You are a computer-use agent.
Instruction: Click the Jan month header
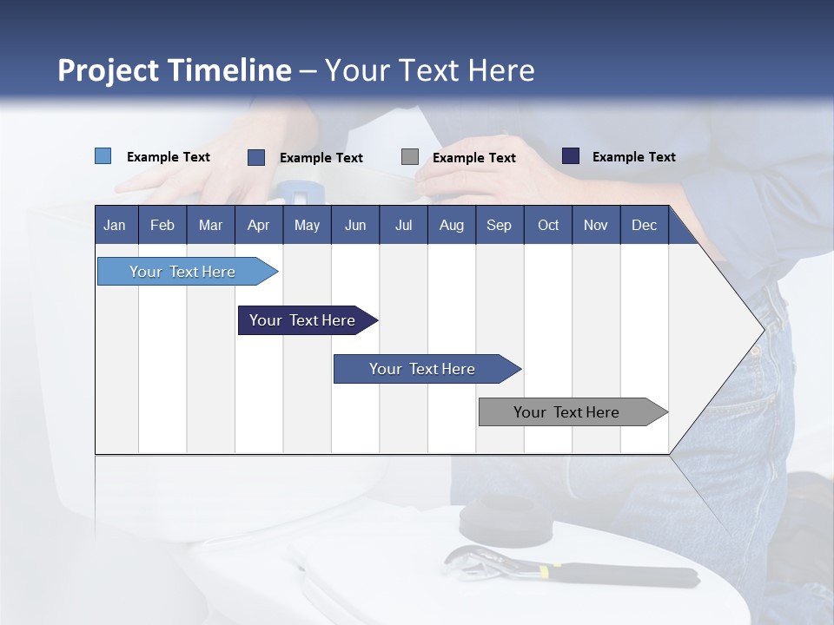point(115,225)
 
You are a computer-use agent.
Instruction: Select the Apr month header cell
point(258,225)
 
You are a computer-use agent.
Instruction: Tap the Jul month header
point(403,225)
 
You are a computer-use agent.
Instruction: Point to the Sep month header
point(499,225)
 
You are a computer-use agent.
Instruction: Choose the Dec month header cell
point(644,225)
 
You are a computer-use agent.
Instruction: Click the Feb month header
point(162,225)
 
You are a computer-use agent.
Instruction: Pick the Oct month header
point(548,225)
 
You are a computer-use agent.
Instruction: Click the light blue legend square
point(103,156)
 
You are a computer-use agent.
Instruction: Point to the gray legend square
point(410,156)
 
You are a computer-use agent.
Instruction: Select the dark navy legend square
point(571,156)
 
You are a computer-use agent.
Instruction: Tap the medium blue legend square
point(256,157)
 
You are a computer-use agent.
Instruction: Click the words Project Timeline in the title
point(174,70)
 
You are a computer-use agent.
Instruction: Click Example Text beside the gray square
point(473,158)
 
